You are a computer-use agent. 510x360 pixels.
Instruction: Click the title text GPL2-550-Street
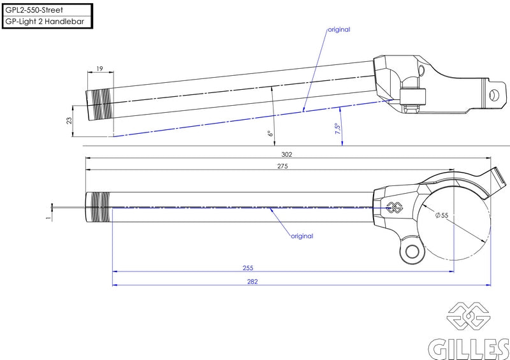click(x=34, y=10)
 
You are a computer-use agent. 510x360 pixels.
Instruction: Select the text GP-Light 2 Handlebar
click(x=45, y=22)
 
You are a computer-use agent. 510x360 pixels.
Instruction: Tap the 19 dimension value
click(x=99, y=69)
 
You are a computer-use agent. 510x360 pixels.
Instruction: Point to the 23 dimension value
click(x=69, y=120)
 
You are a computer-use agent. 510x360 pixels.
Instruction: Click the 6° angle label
click(x=270, y=133)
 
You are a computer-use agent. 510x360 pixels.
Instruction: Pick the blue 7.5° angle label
click(x=338, y=129)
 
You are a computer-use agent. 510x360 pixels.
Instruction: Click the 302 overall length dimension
click(x=286, y=154)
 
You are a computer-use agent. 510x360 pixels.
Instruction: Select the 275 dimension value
click(x=282, y=166)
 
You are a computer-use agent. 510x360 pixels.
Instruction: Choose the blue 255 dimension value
click(x=248, y=268)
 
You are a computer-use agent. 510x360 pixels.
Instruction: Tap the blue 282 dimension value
click(x=252, y=282)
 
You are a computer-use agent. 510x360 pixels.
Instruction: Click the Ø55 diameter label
click(x=442, y=215)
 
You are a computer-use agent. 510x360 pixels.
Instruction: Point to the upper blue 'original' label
click(x=339, y=29)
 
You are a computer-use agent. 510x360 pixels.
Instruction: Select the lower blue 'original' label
click(x=302, y=236)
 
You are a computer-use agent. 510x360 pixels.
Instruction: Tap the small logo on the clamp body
click(x=394, y=208)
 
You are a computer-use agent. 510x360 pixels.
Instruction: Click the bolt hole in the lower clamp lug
click(x=412, y=252)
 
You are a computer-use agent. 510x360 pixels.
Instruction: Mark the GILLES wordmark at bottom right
click(x=469, y=349)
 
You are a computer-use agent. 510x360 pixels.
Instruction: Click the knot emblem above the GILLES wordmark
click(x=469, y=315)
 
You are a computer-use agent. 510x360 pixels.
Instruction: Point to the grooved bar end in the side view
click(x=100, y=104)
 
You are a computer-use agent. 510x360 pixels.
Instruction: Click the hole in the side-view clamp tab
click(x=494, y=96)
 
